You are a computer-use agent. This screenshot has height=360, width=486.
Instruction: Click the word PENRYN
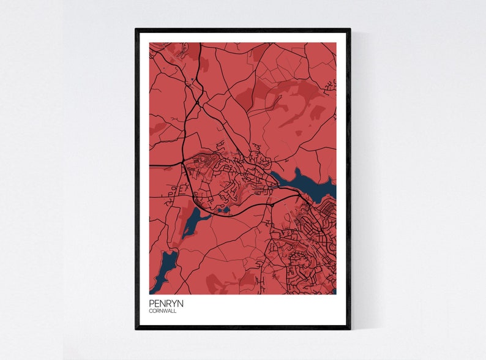click(166, 303)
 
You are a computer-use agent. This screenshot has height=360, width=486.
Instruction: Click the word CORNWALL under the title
click(162, 311)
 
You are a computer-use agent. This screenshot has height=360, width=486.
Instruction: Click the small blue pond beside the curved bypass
click(223, 209)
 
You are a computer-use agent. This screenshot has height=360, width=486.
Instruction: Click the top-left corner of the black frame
click(136, 29)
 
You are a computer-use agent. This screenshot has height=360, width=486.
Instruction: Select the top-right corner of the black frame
click(350, 29)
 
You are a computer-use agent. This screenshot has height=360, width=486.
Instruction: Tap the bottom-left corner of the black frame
click(136, 328)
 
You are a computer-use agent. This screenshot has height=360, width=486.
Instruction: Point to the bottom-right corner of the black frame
click(350, 328)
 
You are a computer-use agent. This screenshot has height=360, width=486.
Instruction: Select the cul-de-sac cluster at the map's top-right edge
click(331, 84)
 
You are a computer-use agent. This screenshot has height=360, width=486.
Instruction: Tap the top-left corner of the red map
click(149, 42)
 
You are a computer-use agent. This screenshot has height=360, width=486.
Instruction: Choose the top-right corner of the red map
click(336, 42)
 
